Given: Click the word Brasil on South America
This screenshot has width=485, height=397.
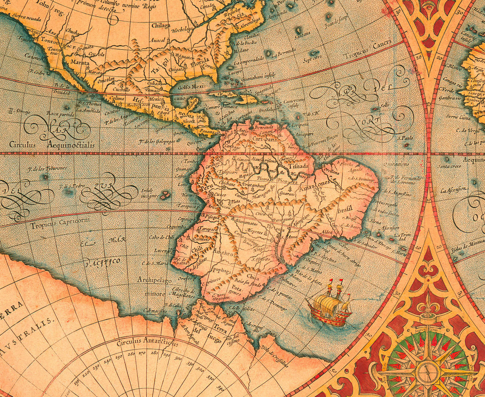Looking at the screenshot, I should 345,209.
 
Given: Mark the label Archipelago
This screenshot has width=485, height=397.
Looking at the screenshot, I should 155,281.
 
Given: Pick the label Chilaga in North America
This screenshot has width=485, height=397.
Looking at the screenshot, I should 161,25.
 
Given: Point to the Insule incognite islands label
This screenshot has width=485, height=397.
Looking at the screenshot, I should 147,193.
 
